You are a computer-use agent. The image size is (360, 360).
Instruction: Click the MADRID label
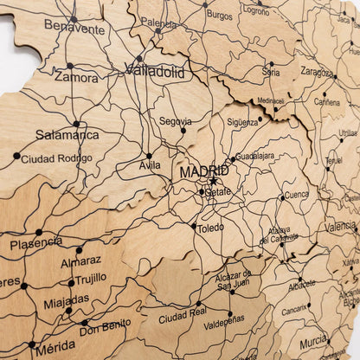tap(204, 171)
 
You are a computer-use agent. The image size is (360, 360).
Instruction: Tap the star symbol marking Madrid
tap(213, 182)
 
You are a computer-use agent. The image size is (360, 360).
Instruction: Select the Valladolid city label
tap(155, 74)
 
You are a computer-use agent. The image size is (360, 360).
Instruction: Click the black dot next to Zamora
tap(70, 65)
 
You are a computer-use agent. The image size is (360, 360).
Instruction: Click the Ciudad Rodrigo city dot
tap(16, 156)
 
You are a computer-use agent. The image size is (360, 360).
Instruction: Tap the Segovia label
tap(175, 120)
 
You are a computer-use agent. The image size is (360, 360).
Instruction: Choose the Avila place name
tap(149, 165)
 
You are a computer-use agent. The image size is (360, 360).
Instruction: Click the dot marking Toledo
tap(193, 226)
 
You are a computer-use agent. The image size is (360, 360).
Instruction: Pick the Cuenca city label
tap(296, 195)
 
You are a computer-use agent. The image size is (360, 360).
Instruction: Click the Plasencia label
tap(35, 243)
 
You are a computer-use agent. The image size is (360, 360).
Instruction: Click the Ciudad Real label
tap(182, 317)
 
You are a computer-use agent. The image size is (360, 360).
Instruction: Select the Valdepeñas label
tap(224, 325)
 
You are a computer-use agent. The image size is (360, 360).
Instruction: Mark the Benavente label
tap(74, 29)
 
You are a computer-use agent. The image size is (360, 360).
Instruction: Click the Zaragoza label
tap(317, 72)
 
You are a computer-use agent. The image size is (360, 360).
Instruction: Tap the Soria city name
tap(271, 73)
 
